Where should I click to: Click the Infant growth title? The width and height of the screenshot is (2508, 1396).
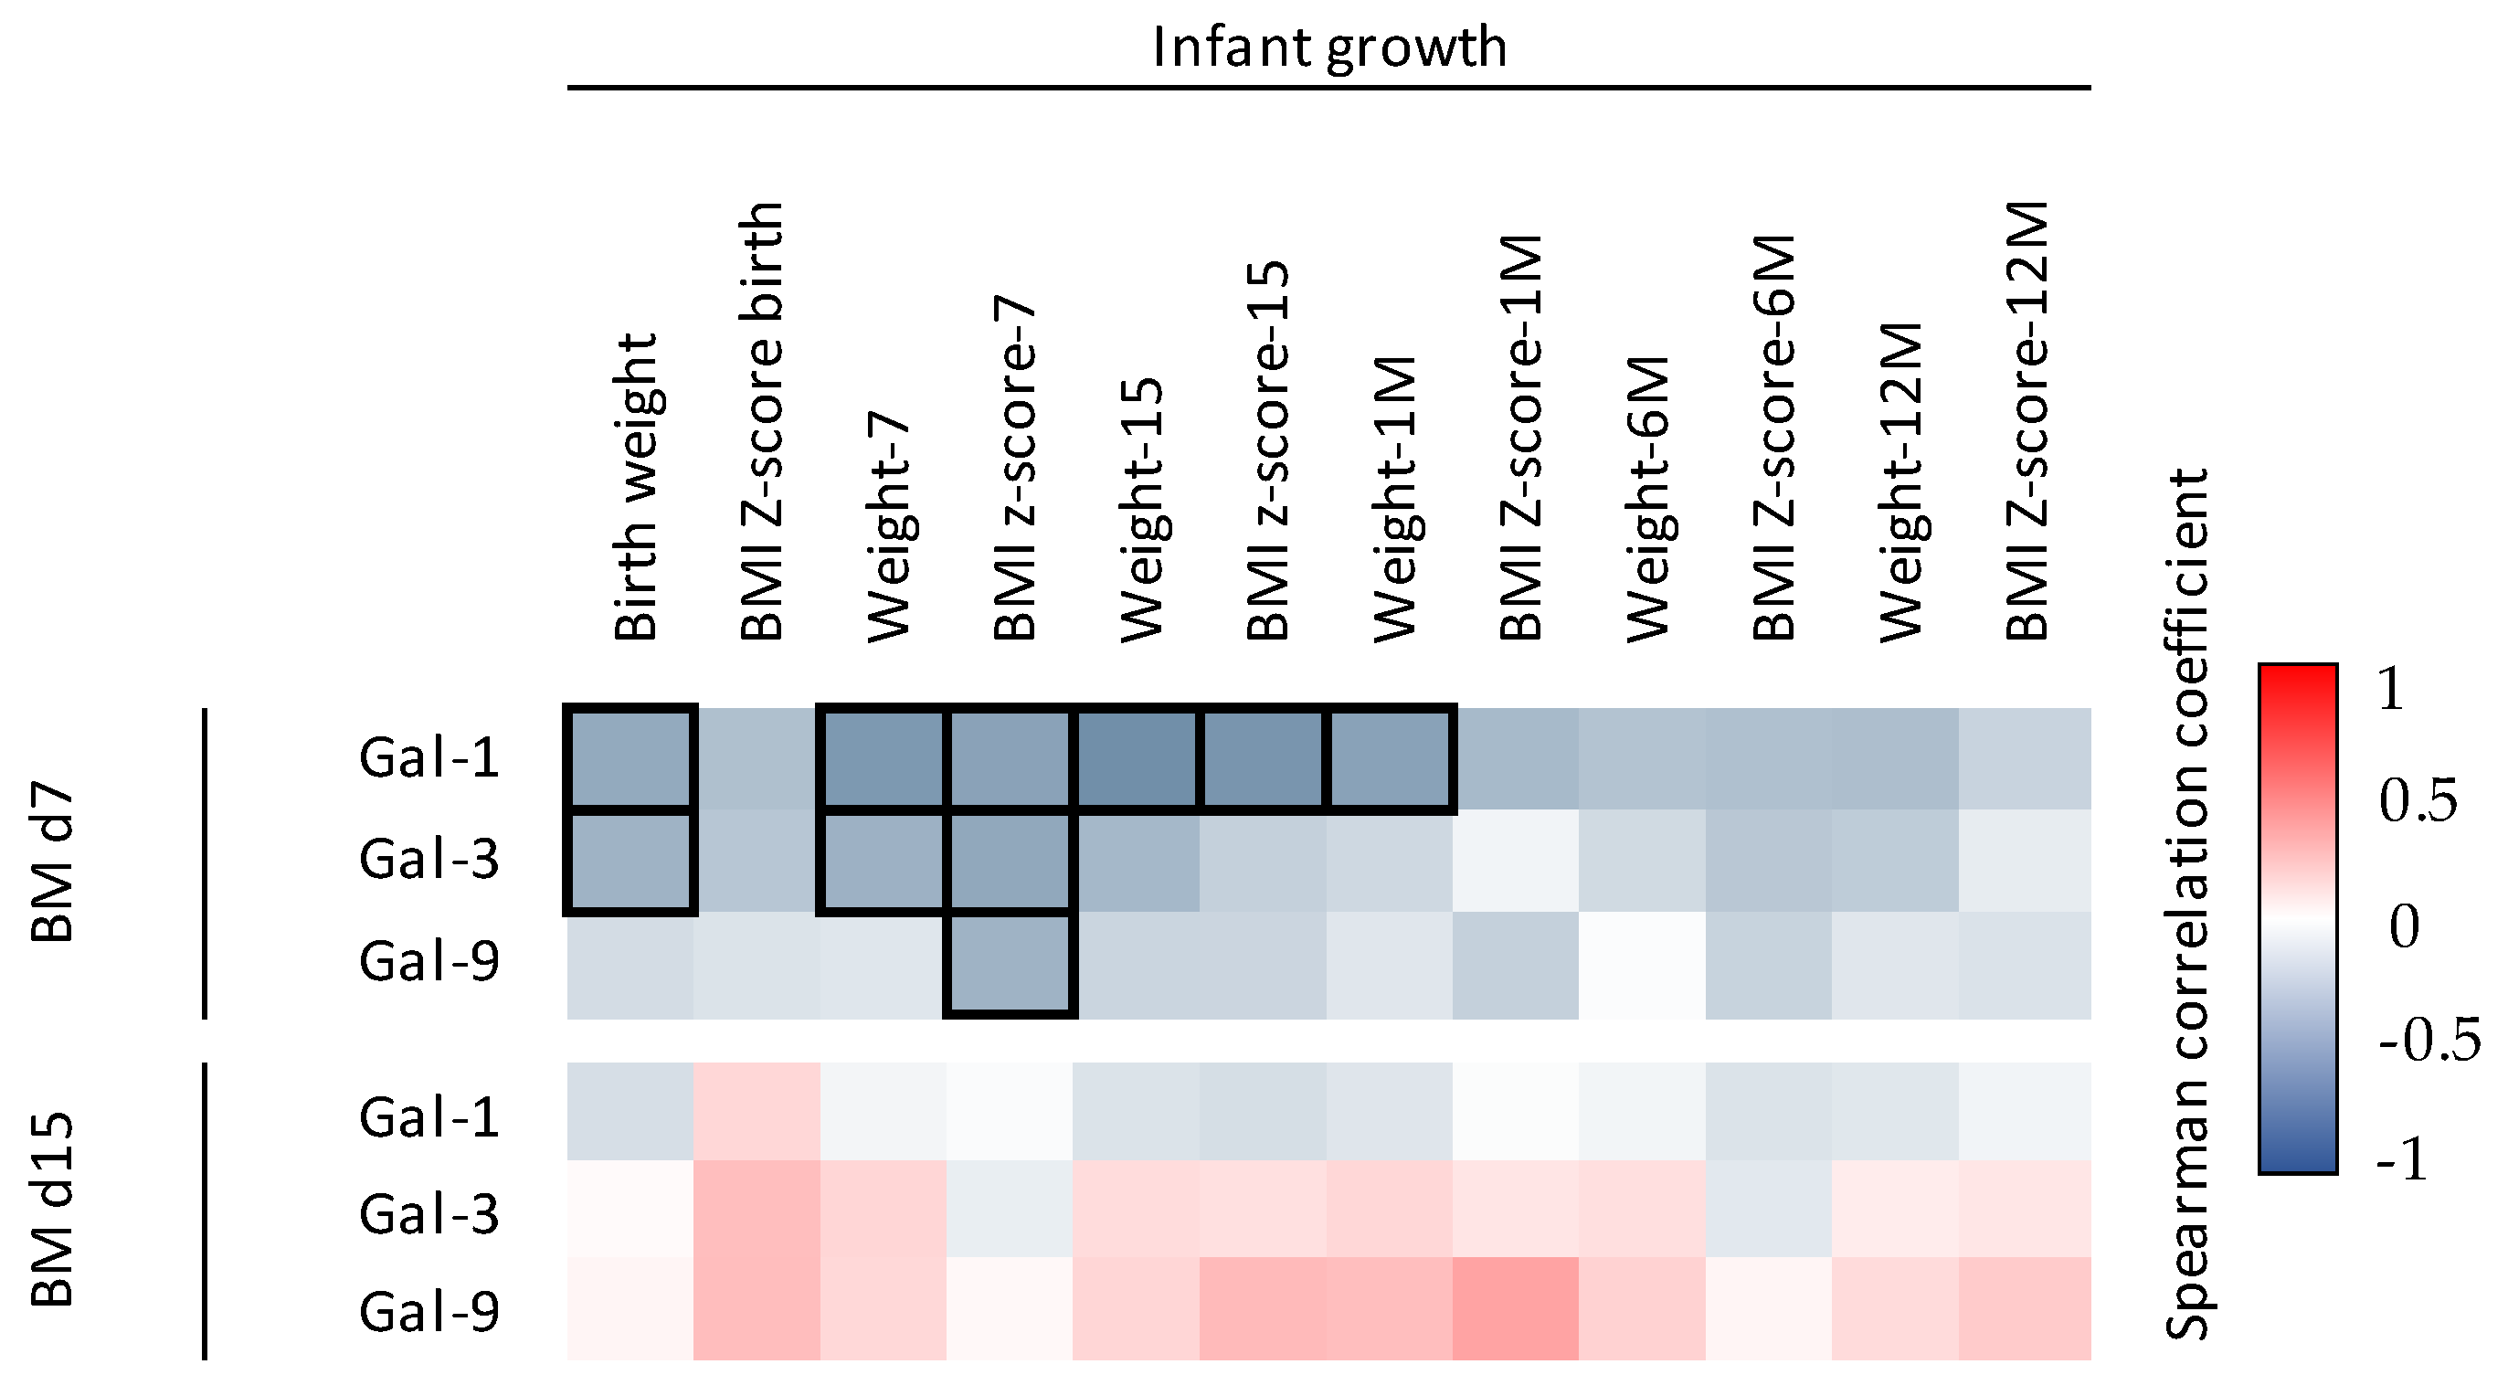tap(1329, 47)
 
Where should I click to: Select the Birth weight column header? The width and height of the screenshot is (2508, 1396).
tap(637, 487)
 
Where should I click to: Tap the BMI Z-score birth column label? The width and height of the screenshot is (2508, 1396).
tap(762, 420)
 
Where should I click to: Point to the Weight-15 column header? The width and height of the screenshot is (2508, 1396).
tap(1142, 510)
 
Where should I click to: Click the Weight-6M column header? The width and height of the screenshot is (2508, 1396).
tap(1648, 499)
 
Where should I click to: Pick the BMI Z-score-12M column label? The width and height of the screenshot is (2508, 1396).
tap(2028, 420)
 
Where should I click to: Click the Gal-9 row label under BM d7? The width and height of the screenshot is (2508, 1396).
tap(429, 962)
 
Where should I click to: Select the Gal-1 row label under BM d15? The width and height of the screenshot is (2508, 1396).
tap(429, 1117)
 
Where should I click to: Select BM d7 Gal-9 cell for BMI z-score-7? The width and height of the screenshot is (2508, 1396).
tap(1010, 964)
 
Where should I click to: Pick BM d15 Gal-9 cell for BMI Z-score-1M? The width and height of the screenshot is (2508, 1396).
tap(1515, 1307)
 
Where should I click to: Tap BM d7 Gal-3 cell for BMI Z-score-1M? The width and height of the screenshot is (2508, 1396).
tap(1515, 861)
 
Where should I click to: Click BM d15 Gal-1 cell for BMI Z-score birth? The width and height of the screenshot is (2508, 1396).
tap(757, 1111)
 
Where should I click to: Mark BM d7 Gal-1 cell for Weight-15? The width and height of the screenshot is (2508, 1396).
tap(1137, 758)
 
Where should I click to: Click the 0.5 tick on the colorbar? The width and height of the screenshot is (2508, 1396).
tap(2418, 801)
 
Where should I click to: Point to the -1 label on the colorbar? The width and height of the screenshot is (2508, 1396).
tap(2402, 1159)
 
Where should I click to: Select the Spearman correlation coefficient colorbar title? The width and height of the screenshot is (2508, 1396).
tap(2185, 904)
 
